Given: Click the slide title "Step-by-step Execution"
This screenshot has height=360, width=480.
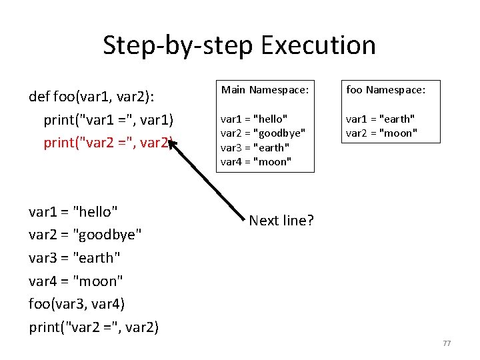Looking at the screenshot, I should pos(239,45).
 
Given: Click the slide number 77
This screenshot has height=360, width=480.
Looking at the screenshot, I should pos(447,343).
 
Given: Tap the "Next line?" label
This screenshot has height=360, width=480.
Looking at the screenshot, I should pos(281,221).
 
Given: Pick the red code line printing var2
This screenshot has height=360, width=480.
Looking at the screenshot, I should pos(108,142).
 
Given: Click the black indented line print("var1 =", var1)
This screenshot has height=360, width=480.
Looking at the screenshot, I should pos(108,120).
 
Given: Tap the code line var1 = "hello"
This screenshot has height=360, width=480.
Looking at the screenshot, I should pos(73,212).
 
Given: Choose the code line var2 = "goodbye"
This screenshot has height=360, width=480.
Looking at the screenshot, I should pos(85,235).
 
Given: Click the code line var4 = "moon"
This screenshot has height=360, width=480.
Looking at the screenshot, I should pos(76,281).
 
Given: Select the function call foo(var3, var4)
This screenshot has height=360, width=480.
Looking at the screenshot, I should pos(77,304).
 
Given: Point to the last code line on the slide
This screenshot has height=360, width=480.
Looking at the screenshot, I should pos(94,327).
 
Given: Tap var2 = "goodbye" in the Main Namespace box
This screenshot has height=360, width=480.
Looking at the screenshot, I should pos(263,133).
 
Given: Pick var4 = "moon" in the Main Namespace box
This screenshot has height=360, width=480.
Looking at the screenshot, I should pos(256,162).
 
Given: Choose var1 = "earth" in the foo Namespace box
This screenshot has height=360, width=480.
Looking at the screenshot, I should pos(380,119).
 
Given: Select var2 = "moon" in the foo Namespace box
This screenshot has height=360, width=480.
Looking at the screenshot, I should pos(381,133).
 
